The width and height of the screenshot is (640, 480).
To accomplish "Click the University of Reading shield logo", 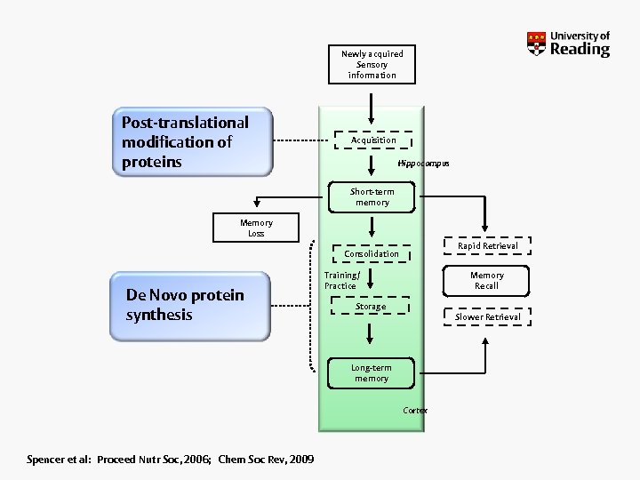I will coord(536,44).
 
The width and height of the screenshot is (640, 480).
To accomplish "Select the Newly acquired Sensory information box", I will coord(372,64).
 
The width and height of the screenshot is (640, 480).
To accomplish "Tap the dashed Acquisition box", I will coord(373,140).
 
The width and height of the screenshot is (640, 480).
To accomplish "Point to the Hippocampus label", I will coord(423,164).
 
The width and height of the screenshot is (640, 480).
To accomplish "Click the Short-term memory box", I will coord(372,197).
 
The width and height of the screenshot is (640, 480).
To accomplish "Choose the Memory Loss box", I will coord(256,228).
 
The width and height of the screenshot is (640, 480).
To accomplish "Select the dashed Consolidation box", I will coord(372,254).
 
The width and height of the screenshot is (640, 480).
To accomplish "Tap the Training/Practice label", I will coord(340,281).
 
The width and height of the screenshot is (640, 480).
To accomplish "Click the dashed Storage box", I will coord(371,307).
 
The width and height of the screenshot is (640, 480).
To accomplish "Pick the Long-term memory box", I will coord(371,373).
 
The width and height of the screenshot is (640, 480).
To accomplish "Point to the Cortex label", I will coord(415,411).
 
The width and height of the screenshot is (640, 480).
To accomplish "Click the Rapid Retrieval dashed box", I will coord(487,246).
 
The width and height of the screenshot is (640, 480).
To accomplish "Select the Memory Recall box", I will coord(486,281).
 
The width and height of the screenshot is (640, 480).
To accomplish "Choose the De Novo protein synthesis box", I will coord(190,305).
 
